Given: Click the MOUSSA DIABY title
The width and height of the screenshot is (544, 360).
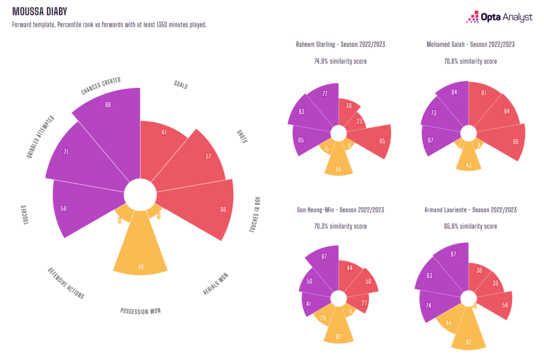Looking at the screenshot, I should tap(40, 11).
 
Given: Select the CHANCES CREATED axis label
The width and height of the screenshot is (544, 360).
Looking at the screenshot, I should tap(100, 87).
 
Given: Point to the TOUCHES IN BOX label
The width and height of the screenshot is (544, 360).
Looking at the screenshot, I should tap(256, 215).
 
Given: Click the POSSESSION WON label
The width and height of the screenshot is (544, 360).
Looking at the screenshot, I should tap(140, 311).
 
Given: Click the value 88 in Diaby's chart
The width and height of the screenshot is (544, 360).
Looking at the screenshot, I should tap(108, 105).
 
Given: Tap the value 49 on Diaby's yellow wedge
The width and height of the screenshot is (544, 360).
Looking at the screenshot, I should tap(141, 267).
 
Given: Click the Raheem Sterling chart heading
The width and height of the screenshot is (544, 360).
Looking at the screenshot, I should tap(341, 45).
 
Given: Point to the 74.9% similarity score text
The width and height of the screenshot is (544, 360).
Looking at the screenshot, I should tap(341, 62).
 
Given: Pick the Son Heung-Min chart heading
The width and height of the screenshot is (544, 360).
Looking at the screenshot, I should tap(341, 210).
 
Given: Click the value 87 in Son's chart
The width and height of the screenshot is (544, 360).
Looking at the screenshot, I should tap(324, 256).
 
